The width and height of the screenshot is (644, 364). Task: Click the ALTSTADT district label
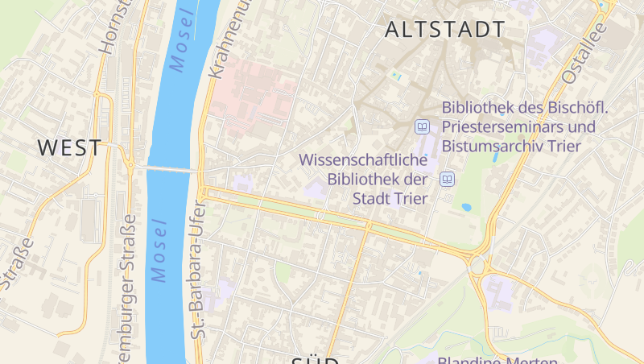point(445,30)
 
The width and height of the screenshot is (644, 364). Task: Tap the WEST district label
point(70,148)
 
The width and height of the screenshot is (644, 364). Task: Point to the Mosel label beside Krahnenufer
point(184,43)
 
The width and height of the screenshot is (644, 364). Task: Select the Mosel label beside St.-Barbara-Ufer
point(159,250)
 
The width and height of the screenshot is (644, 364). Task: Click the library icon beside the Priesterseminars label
point(422,126)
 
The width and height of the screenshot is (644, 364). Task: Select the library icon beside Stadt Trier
point(448,179)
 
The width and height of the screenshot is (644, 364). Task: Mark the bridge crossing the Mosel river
point(171,169)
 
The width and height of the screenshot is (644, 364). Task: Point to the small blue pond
point(466,207)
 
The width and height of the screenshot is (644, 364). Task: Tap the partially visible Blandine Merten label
point(499,358)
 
